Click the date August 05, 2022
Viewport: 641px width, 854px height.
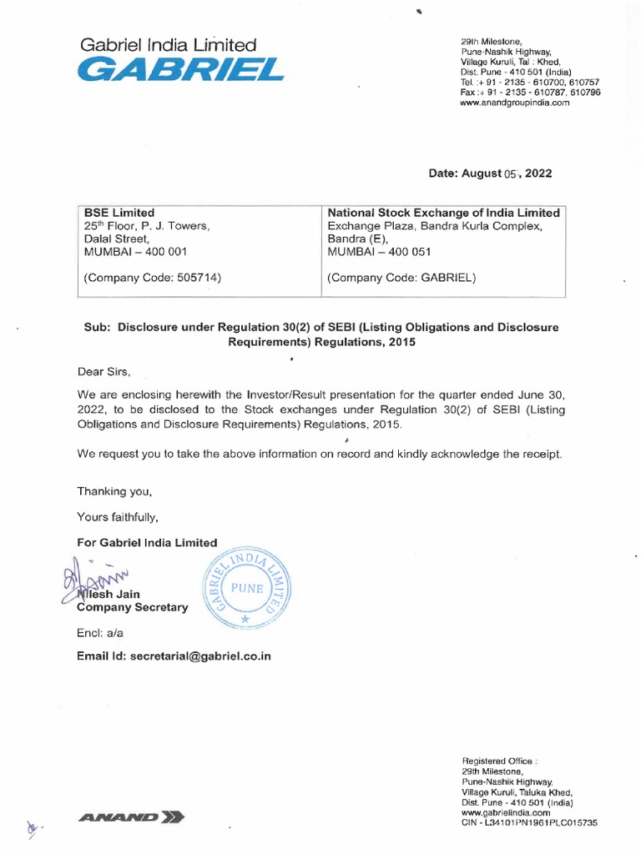490,173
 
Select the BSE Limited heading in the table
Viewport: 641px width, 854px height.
119,213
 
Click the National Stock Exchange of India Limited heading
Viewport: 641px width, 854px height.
443,213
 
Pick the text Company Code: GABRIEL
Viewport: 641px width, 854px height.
401,278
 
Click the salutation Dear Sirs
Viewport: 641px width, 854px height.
103,372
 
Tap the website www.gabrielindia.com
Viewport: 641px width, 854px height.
506,811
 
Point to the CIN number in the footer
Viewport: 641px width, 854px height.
529,822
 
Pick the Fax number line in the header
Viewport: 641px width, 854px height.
529,93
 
